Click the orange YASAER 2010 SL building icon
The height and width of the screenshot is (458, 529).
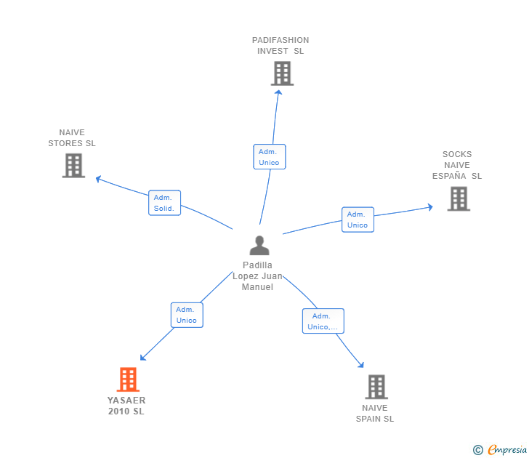128,379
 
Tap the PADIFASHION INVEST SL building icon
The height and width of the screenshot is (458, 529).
282,73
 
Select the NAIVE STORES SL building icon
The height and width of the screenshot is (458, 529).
73,166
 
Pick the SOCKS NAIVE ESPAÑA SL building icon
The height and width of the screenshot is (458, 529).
459,198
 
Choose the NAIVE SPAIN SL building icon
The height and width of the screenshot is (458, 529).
376,387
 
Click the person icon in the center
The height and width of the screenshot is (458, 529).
259,246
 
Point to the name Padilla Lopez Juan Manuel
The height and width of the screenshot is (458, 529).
258,276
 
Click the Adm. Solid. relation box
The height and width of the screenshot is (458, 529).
164,203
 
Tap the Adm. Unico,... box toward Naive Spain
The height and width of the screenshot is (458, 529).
323,321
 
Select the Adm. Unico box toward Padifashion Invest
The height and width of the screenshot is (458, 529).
269,157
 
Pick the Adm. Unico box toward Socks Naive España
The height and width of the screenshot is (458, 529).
358,220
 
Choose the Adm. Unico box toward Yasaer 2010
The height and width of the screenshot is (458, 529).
187,315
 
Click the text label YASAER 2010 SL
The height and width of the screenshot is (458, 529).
126,406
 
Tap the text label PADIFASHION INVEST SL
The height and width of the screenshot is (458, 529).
280,46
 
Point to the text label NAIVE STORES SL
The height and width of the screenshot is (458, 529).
72,138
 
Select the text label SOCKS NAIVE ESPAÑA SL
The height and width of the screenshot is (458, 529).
457,165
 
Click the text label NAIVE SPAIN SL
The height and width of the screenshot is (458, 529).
375,413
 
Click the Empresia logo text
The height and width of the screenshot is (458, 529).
507,449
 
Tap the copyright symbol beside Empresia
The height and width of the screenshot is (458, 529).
478,450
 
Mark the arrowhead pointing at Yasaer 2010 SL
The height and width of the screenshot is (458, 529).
143,358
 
